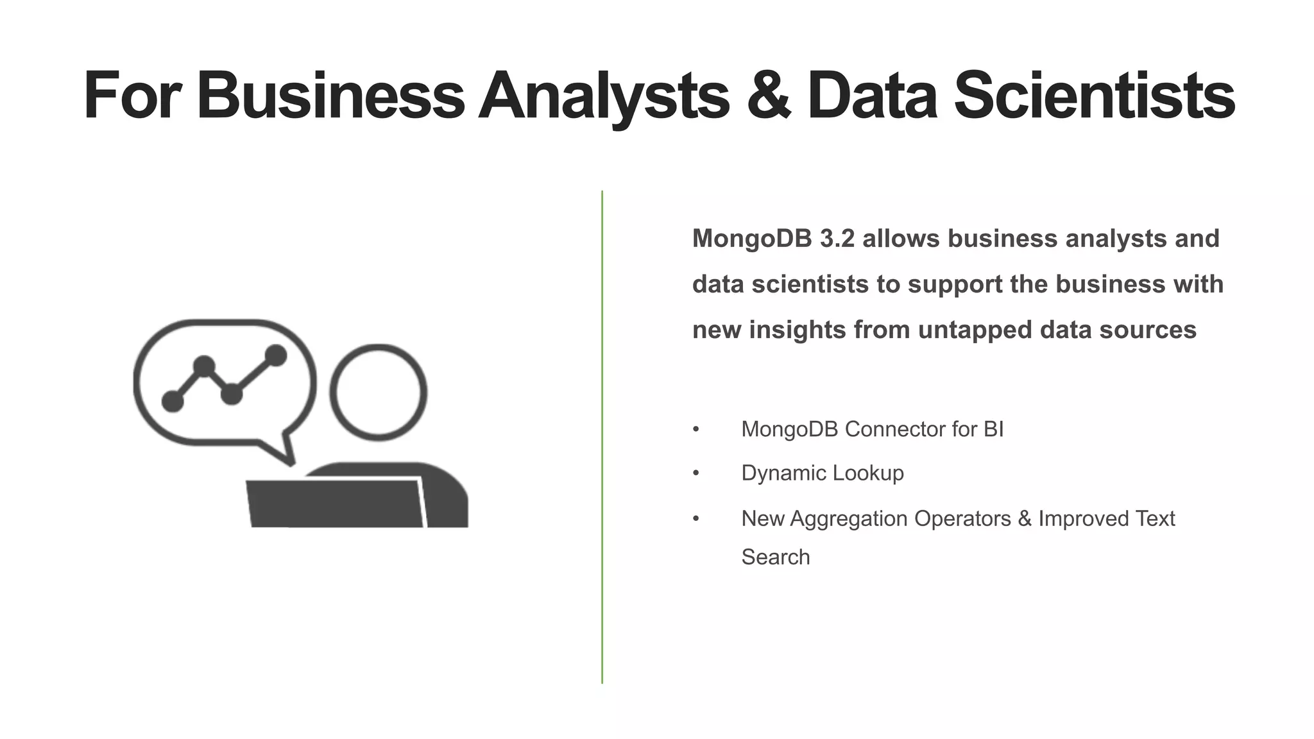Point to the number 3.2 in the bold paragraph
(x=837, y=239)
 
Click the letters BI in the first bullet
(x=993, y=429)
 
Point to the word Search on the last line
(x=776, y=557)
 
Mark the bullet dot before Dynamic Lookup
(x=696, y=473)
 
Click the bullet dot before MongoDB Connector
(x=696, y=429)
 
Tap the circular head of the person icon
(x=378, y=393)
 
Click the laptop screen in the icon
(x=336, y=504)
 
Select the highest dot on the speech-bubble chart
(x=276, y=355)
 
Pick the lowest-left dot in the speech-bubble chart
(x=173, y=402)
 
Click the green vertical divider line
(x=602, y=436)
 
